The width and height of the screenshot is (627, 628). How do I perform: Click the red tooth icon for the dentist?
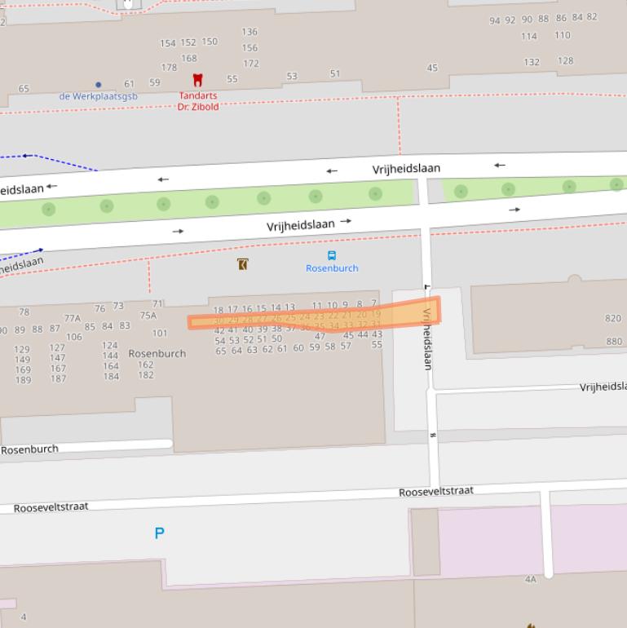[x=197, y=80]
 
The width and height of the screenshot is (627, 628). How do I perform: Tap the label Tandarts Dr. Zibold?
[x=198, y=101]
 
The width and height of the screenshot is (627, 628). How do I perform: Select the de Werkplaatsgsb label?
[x=99, y=96]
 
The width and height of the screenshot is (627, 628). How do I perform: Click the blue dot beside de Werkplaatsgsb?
[x=99, y=85]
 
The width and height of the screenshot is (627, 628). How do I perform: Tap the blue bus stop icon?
[x=332, y=255]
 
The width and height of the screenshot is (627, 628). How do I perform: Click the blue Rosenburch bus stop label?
[x=332, y=268]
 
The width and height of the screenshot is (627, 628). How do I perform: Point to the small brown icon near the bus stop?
[x=242, y=264]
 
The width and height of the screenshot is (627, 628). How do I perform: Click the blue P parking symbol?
[x=159, y=533]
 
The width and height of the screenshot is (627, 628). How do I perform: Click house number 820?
[x=613, y=319]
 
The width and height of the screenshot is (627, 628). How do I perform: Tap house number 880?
[x=613, y=342]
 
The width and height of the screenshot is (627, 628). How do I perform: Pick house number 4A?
[x=531, y=580]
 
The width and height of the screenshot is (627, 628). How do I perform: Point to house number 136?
[x=249, y=32]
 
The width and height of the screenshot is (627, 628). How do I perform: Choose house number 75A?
[x=148, y=316]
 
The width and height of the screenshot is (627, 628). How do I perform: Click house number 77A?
[x=73, y=318]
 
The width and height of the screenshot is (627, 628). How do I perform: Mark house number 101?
[x=160, y=333]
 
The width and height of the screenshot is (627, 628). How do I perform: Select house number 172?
[x=251, y=64]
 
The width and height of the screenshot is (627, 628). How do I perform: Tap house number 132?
[x=532, y=62]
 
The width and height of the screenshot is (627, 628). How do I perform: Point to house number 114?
[x=529, y=36]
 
